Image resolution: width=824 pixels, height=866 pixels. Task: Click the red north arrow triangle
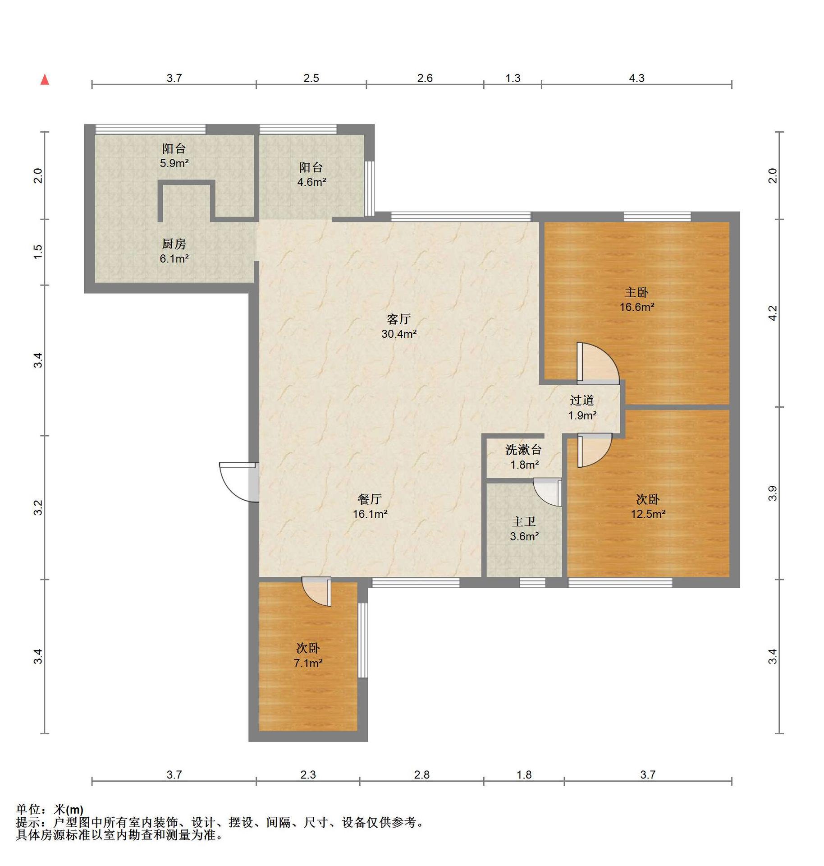45,80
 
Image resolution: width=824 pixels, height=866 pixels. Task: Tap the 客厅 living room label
398,319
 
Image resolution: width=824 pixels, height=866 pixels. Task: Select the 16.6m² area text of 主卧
636,307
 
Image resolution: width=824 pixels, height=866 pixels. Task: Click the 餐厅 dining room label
370,499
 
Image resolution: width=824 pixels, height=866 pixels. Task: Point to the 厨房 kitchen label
174,244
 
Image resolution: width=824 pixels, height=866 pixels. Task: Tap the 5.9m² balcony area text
174,163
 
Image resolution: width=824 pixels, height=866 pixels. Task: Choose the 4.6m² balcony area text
311,182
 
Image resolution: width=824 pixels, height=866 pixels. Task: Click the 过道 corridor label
582,400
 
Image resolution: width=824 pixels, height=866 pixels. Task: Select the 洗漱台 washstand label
523,450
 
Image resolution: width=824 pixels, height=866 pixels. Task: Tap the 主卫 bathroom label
524,522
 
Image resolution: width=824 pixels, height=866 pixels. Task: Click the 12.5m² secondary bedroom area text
648,514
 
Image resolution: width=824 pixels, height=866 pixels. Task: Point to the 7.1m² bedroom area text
308,663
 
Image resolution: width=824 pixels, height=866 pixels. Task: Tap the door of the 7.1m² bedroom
316,591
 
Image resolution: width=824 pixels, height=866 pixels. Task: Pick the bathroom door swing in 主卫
547,492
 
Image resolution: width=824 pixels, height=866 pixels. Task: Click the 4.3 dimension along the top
636,78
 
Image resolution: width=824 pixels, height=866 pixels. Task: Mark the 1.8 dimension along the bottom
524,774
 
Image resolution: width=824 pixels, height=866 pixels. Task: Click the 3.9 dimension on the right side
773,493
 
